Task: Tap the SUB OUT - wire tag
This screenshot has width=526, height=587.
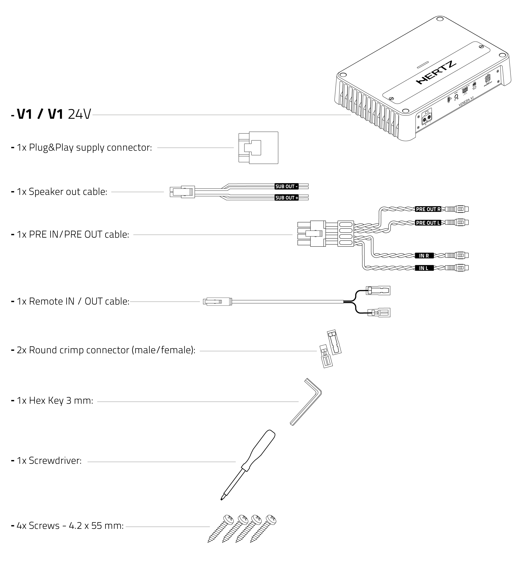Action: [286, 186]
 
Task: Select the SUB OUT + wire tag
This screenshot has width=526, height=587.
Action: [286, 198]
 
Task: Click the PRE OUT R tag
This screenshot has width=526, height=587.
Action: [428, 209]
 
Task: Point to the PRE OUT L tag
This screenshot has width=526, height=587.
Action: [428, 223]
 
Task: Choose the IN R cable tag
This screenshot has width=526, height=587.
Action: [424, 256]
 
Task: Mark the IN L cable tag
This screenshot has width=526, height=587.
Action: [424, 268]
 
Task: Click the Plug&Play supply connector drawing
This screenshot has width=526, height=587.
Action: [258, 148]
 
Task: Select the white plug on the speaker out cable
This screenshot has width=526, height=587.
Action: [182, 192]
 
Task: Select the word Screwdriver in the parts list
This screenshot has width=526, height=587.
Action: [55, 461]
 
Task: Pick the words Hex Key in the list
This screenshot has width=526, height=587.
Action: [46, 401]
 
